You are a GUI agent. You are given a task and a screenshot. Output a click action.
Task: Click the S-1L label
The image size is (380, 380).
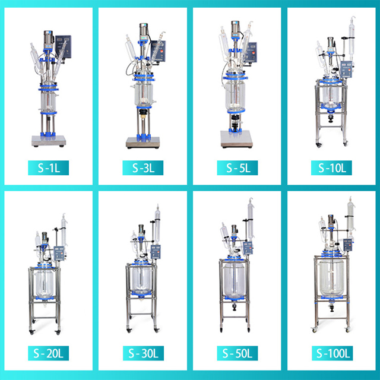[49, 168]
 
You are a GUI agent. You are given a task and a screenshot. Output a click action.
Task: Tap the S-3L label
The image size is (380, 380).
[143, 168]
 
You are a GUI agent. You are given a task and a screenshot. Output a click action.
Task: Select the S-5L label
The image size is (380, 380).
[237, 168]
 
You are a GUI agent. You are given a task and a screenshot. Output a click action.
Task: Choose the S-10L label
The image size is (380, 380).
[331, 168]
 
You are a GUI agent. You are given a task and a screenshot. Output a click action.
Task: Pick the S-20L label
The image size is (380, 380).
[49, 354]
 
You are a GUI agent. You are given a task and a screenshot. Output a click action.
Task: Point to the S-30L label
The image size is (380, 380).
[143, 354]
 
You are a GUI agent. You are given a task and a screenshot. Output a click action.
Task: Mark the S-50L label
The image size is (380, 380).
[237, 354]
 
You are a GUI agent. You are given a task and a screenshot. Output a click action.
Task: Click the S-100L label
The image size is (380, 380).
[331, 354]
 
